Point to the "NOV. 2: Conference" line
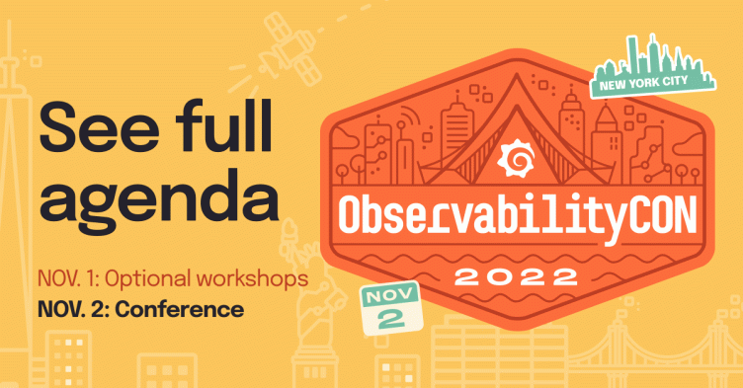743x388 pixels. tap(140, 309)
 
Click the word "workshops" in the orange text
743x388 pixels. tap(255, 278)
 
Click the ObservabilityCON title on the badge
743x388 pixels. tap(513, 214)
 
